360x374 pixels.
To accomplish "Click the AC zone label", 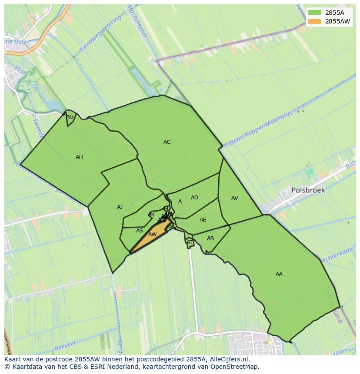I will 167,142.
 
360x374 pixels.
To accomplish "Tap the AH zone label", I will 79,157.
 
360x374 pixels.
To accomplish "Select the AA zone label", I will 279,274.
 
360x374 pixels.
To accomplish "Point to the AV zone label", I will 235,198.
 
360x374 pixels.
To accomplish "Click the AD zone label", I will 194,198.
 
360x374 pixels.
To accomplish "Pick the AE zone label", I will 203,220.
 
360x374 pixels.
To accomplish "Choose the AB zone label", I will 210,238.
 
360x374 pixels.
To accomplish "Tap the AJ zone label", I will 120,207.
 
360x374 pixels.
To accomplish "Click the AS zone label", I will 139,231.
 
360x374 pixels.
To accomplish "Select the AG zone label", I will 70,117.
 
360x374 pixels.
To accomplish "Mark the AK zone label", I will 151,215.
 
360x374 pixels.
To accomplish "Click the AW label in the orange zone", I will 152,235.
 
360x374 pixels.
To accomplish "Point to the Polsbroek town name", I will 308,190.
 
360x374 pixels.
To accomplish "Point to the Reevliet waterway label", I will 66,346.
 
